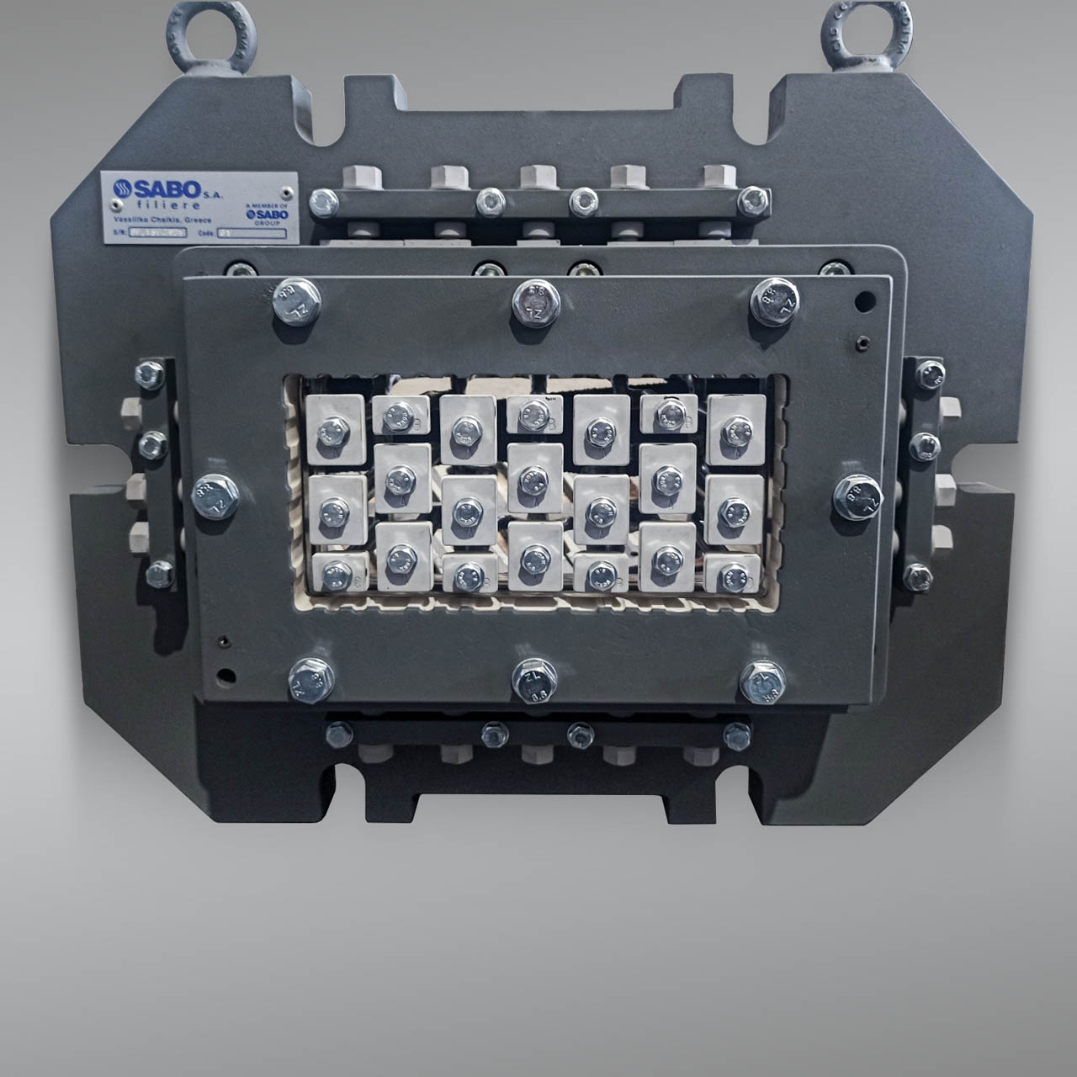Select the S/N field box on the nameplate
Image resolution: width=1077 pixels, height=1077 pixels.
pyautogui.click(x=157, y=234)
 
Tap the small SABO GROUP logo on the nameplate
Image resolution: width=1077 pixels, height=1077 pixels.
pyautogui.click(x=268, y=215)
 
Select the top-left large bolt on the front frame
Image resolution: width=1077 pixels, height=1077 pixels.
pyautogui.click(x=297, y=301)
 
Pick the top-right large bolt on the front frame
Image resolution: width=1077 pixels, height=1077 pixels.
pyautogui.click(x=774, y=301)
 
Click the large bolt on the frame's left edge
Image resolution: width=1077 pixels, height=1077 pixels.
pyautogui.click(x=215, y=496)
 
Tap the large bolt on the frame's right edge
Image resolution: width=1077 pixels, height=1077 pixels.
pyautogui.click(x=857, y=496)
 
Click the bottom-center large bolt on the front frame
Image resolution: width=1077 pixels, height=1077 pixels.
pyautogui.click(x=534, y=680)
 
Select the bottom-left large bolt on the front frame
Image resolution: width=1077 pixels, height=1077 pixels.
pyautogui.click(x=311, y=680)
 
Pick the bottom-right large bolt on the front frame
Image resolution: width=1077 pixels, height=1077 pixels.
pyautogui.click(x=762, y=681)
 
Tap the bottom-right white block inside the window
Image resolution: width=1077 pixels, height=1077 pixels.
pyautogui.click(x=734, y=573)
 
